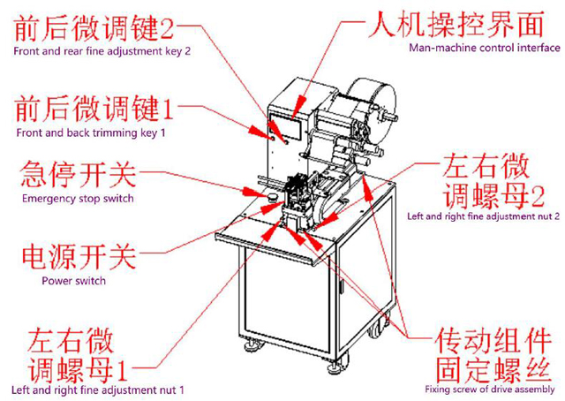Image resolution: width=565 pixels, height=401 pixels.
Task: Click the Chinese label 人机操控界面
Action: pyautogui.click(x=459, y=21)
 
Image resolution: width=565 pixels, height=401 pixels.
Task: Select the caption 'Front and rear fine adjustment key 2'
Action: pyautogui.click(x=102, y=51)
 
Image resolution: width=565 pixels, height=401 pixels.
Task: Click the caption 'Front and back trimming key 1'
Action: pyautogui.click(x=88, y=132)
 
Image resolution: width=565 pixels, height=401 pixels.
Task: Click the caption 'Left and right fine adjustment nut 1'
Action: pyautogui.click(x=97, y=390)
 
